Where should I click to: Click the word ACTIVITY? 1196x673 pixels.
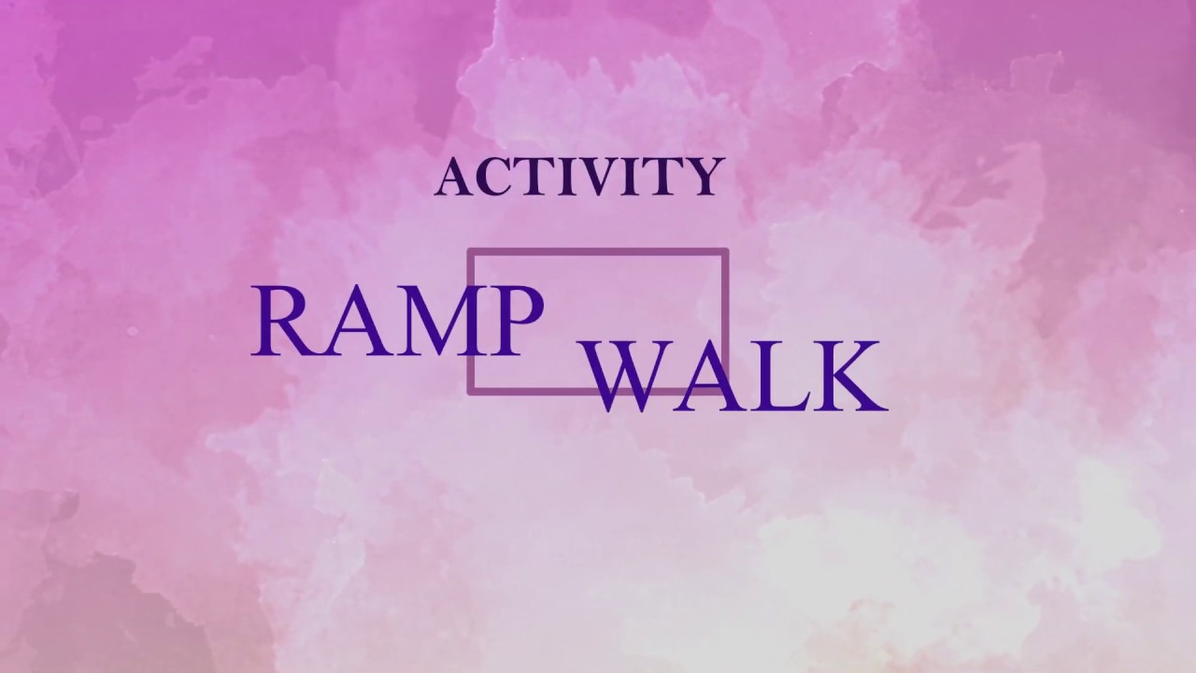tap(579, 177)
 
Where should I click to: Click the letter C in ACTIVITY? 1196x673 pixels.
tap(485, 177)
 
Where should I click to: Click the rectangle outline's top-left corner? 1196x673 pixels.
tap(470, 251)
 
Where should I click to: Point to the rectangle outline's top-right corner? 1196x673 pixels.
tap(725, 251)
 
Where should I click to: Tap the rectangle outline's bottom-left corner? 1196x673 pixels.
tap(470, 391)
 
